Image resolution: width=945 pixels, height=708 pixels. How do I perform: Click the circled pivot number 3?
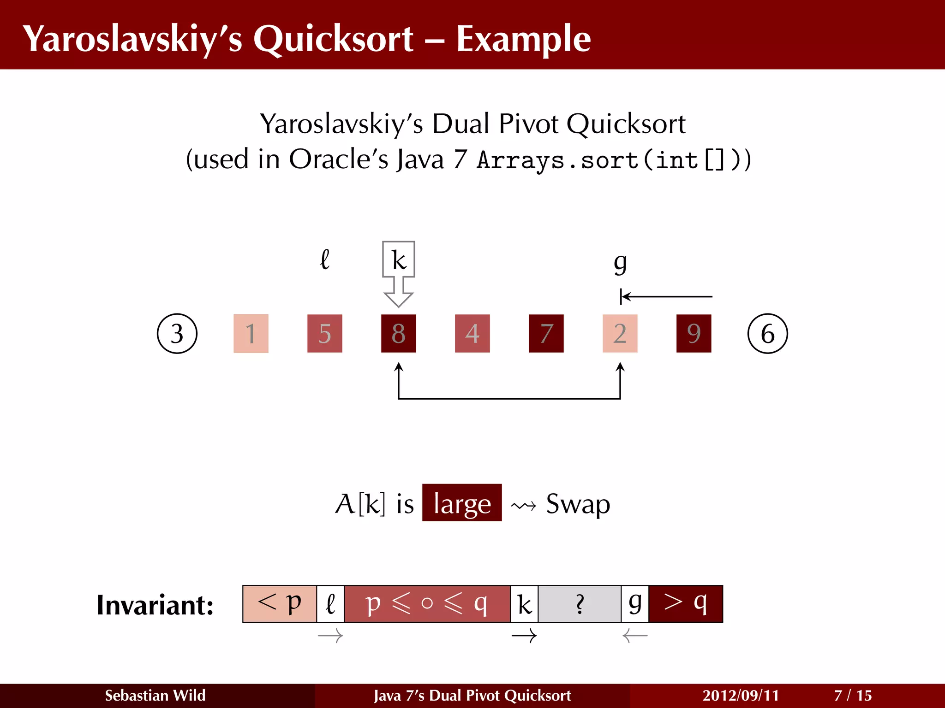[x=177, y=334]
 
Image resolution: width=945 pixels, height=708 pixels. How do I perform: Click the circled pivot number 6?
[x=767, y=334]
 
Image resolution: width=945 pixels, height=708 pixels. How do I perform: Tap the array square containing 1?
[x=251, y=334]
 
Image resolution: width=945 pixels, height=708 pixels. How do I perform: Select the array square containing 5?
[x=325, y=334]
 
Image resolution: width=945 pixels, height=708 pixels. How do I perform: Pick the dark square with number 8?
[x=399, y=334]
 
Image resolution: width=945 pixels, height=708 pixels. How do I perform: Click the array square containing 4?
[x=472, y=334]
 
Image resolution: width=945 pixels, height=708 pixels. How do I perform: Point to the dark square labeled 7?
[x=546, y=334]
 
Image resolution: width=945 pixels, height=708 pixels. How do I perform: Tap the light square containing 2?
[x=620, y=334]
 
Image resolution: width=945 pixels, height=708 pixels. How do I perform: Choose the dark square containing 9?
[x=694, y=334]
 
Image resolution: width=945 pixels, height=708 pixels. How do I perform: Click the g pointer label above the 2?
[x=620, y=264]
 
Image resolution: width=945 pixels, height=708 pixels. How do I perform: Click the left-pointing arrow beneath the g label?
[x=666, y=297]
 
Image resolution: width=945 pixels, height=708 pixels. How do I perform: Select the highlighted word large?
[x=462, y=503]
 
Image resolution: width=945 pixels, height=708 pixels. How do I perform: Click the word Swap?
[x=578, y=504]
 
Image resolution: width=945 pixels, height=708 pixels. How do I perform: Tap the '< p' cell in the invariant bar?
[x=280, y=604]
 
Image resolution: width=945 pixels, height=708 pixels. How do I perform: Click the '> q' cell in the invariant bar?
[x=686, y=604]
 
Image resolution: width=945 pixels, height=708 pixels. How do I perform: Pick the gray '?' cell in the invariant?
[x=580, y=604]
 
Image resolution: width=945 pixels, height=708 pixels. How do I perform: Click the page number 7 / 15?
[x=853, y=695]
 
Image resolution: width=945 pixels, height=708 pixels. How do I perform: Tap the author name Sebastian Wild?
[x=155, y=695]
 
